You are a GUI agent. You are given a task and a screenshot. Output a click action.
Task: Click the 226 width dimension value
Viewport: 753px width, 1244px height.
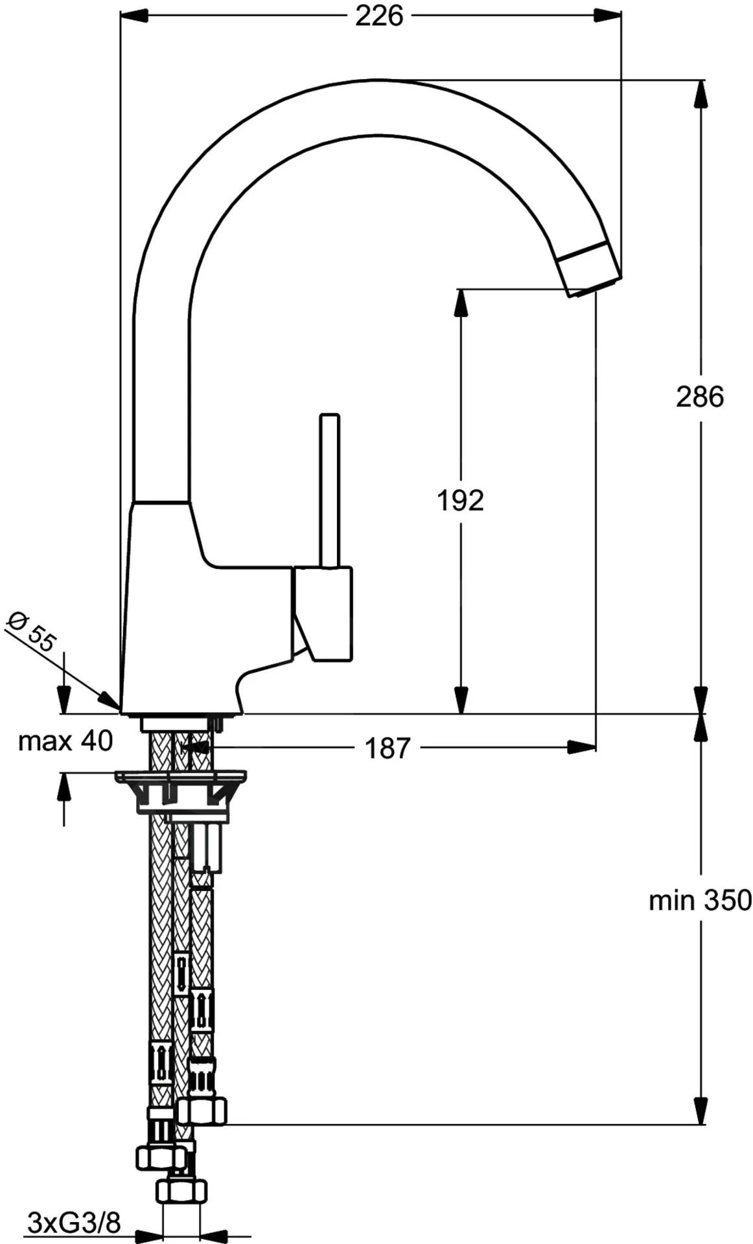point(379,16)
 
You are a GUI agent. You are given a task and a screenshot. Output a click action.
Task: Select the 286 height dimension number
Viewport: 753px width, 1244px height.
point(699,397)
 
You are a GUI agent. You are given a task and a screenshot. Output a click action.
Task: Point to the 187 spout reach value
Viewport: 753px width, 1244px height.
point(388,748)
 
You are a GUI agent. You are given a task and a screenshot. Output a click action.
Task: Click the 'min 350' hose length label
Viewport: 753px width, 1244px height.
point(700,900)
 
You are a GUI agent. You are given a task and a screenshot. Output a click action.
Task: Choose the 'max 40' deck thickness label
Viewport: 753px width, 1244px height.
point(65,741)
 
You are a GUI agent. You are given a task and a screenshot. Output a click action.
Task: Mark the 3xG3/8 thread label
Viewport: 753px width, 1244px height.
point(74,1223)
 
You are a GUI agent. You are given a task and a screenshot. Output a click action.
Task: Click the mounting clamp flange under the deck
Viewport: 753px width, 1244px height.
point(181,776)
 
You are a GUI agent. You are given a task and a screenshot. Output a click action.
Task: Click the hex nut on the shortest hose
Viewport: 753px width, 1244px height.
point(203,1112)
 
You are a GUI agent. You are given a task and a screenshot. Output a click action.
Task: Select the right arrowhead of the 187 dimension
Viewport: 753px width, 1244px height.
point(583,747)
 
